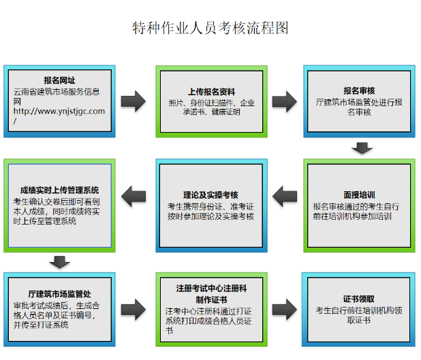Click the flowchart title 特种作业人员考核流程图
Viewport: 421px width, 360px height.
pyautogui.click(x=210, y=29)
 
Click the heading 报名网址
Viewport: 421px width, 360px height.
pyautogui.click(x=59, y=80)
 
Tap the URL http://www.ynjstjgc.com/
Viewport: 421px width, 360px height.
pyautogui.click(x=59, y=116)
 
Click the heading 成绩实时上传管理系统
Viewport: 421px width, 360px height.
pyautogui.click(x=61, y=190)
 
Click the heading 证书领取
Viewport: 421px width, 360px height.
pyautogui.click(x=359, y=298)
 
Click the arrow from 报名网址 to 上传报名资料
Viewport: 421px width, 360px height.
pyautogui.click(x=134, y=101)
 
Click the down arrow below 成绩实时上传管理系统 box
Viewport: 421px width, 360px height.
pyautogui.click(x=61, y=261)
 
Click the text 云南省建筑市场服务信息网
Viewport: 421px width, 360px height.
pyautogui.click(x=59, y=95)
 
